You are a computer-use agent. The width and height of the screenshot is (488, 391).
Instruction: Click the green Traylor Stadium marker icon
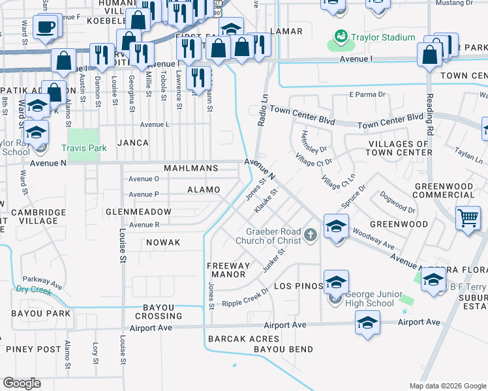point(340,36)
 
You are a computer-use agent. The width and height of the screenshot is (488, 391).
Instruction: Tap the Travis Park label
point(84,149)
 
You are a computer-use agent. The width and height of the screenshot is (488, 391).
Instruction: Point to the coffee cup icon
point(45,27)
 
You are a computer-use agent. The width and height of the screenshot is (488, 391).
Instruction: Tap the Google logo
point(22,383)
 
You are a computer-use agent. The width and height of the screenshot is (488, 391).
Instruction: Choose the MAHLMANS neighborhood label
point(191,168)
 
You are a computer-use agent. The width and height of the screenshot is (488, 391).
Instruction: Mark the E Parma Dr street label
point(369,95)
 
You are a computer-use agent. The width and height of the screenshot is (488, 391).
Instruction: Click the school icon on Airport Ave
point(367,323)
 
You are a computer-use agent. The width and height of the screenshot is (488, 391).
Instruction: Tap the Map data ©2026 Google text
point(447,386)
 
